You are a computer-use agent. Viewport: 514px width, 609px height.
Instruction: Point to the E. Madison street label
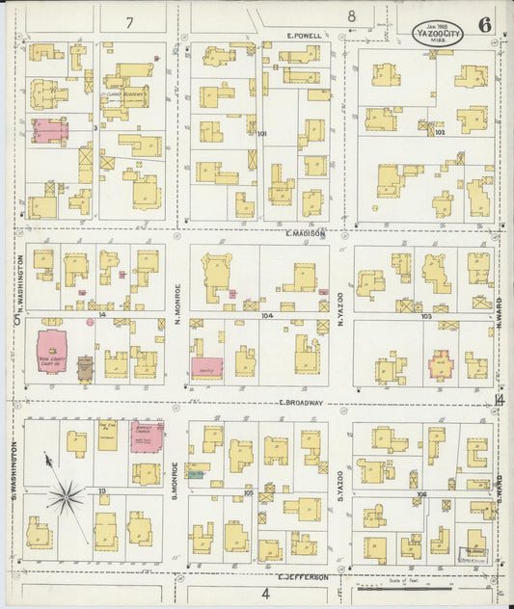tap(306, 233)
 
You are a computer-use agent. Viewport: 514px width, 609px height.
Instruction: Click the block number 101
tap(261, 134)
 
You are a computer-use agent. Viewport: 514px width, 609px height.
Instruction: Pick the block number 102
tap(440, 134)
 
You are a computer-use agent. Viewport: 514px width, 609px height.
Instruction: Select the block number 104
tap(266, 315)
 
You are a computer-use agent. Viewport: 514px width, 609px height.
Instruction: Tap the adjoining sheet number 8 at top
tap(352, 16)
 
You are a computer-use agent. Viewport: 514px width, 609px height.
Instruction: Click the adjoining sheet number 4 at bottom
tap(264, 594)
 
